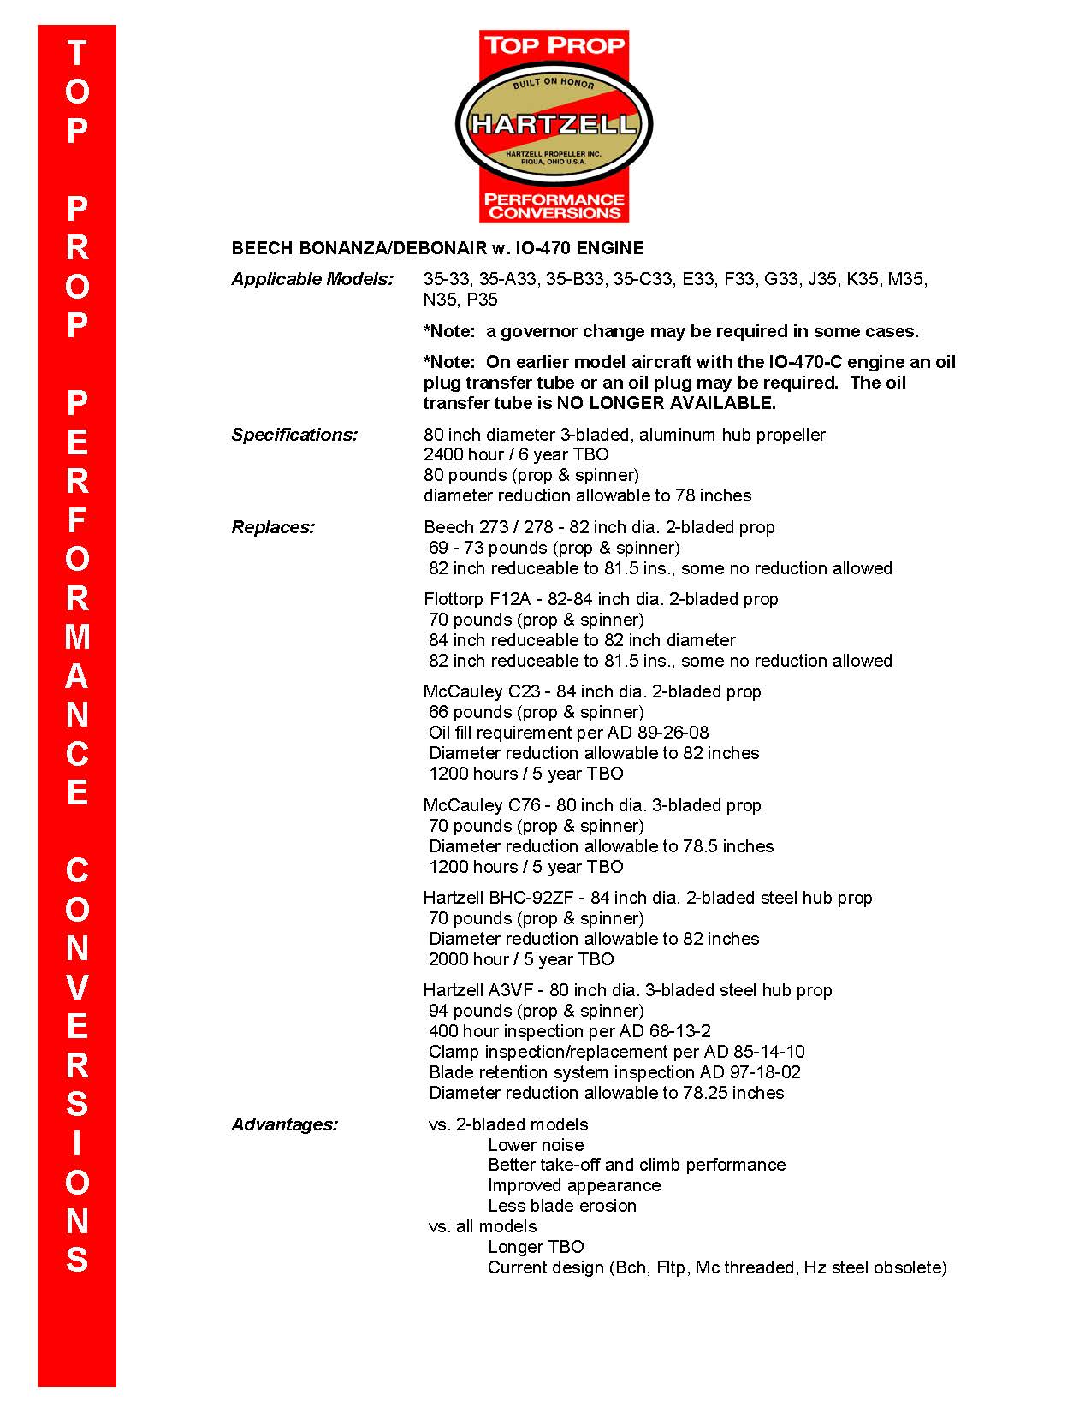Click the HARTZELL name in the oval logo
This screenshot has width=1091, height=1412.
pos(554,124)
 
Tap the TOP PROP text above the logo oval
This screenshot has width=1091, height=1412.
pos(554,45)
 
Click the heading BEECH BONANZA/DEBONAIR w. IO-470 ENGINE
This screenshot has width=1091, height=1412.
pos(437,249)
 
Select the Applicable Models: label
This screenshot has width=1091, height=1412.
pos(312,280)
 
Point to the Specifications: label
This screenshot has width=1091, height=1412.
pos(294,435)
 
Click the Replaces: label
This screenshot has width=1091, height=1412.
pos(273,527)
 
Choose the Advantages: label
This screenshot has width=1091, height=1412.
pos(285,1124)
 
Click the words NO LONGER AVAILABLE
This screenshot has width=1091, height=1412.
pos(667,403)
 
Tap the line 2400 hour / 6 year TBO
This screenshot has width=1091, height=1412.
pos(516,454)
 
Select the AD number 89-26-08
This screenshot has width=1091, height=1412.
pos(673,733)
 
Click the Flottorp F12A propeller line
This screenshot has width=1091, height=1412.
pos(601,599)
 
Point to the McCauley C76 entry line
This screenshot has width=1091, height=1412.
pos(592,805)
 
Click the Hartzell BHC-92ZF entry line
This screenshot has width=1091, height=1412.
pos(648,898)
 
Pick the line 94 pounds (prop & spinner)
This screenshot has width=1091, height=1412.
pos(537,1011)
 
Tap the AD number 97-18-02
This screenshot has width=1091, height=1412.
pos(766,1072)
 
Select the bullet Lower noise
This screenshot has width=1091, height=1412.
pos(536,1145)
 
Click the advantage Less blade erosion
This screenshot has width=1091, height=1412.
pos(562,1206)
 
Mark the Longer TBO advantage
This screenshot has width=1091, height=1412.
pos(536,1247)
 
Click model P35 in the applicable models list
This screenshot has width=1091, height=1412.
pos(482,300)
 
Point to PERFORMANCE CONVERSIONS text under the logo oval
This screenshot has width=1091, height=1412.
pos(554,206)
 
